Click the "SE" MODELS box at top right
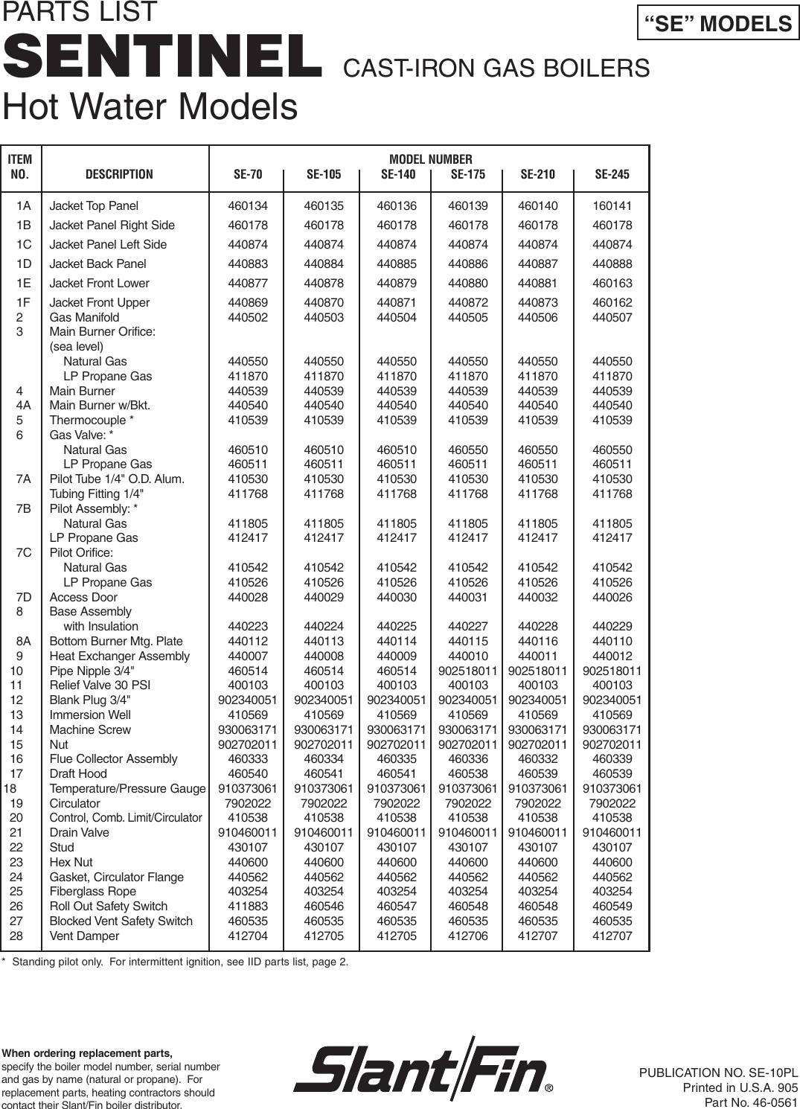(718, 24)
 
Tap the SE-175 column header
(467, 175)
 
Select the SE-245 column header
(612, 175)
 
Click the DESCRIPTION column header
(119, 175)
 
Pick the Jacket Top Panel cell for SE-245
(612, 206)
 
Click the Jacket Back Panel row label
(97, 264)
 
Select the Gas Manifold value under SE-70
(247, 318)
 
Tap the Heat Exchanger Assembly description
(119, 656)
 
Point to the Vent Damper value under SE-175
(467, 936)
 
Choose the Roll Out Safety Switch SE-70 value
(247, 907)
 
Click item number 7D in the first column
(24, 597)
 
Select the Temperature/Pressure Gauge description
(127, 789)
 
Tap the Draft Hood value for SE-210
(537, 774)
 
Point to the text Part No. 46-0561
(750, 1102)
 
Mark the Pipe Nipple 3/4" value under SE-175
(467, 671)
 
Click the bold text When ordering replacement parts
(87, 1053)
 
